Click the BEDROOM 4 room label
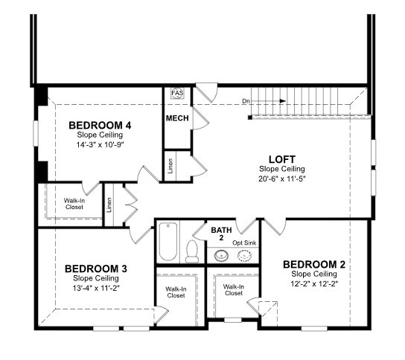coord(100,126)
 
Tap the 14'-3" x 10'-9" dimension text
coord(101,145)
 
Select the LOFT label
coord(282,159)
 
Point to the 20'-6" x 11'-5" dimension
coord(282,179)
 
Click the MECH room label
coord(177,118)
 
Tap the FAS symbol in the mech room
coord(177,93)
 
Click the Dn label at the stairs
coord(246,101)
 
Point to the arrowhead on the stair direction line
coord(283,101)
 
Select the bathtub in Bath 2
coord(168,242)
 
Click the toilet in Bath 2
coord(192,251)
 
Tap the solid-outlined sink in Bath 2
coord(221,255)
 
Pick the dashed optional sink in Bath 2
coord(244,255)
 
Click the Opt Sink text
coord(244,242)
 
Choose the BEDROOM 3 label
coord(96,269)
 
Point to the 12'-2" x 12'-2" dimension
coord(314,284)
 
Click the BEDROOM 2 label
coord(314,265)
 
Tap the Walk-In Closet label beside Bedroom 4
coord(74,204)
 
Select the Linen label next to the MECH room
coord(170,166)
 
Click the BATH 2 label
coord(221,234)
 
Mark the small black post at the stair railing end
coord(249,118)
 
